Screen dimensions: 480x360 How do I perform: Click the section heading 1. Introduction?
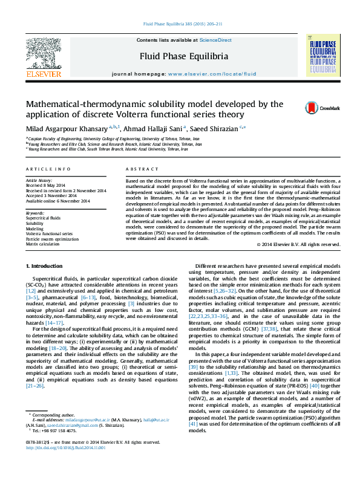[x=45, y=267]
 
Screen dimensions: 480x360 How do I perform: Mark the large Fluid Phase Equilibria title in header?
[x=184, y=56]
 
